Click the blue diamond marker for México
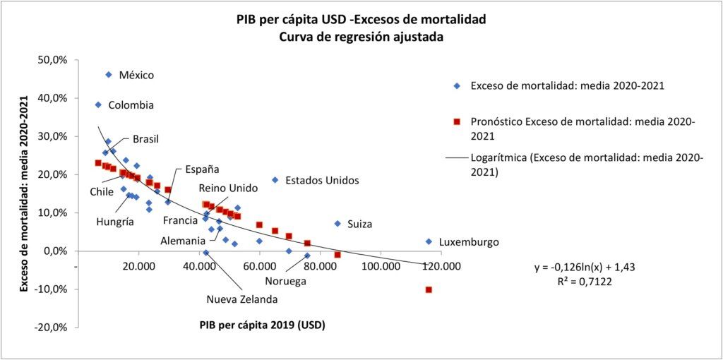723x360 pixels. point(109,75)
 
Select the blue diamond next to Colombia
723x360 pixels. point(99,104)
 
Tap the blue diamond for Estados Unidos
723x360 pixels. point(275,180)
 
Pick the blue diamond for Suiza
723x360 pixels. point(337,224)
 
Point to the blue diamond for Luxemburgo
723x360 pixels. point(429,241)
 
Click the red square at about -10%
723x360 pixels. point(429,290)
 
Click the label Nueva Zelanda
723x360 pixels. point(241,299)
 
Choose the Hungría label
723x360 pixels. point(115,222)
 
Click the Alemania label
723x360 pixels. point(183,241)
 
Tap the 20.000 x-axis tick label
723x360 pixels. point(139,266)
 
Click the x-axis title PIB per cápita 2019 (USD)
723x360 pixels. point(261,325)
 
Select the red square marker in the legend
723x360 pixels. point(457,122)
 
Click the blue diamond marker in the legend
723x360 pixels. point(457,86)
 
